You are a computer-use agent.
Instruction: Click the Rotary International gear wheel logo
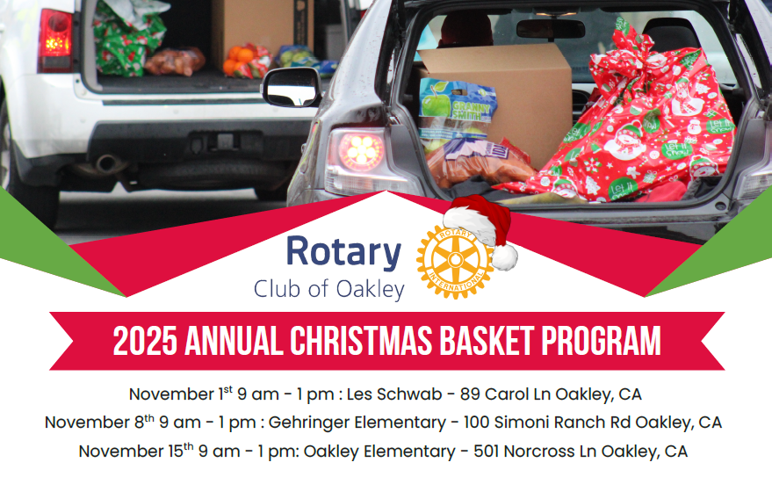(x=452, y=260)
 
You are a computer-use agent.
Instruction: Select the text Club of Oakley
(x=328, y=289)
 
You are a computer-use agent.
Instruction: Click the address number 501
(x=487, y=452)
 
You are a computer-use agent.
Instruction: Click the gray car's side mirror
(x=291, y=86)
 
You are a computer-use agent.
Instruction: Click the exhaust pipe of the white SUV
(x=109, y=164)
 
